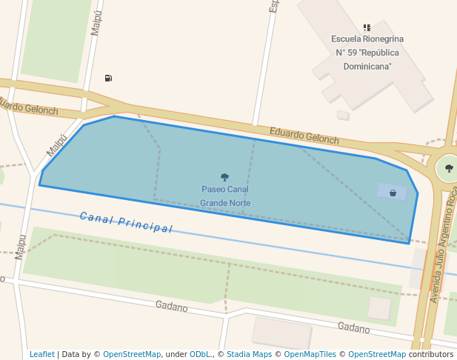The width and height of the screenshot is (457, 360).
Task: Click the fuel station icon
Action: tap(109, 78)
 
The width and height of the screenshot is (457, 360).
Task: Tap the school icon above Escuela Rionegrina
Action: tap(367, 27)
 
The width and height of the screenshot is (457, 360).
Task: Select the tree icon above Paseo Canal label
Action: tap(224, 177)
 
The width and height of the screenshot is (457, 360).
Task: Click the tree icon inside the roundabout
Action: tap(449, 168)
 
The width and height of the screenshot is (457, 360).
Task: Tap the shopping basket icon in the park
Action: tap(393, 193)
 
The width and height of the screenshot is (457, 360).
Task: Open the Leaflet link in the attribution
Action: tap(42, 354)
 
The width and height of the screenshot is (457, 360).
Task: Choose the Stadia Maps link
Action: tap(249, 354)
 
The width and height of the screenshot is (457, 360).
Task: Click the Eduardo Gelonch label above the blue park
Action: tap(304, 136)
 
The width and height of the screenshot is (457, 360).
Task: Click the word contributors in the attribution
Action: tap(431, 354)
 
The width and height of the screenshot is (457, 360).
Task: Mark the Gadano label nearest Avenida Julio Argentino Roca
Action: tap(353, 327)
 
